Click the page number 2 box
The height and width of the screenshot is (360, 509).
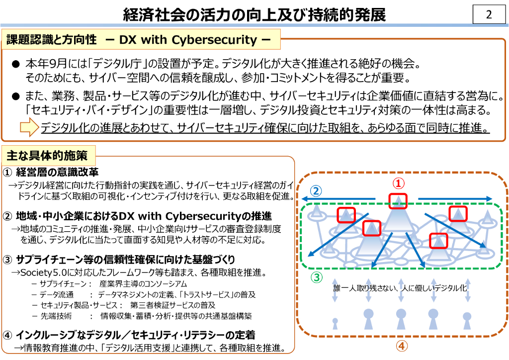pos(489,15)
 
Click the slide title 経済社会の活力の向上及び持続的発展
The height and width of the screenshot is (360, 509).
pos(254,15)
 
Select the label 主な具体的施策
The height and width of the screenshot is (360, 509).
pos(47,156)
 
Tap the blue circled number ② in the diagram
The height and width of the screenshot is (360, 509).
pos(317,190)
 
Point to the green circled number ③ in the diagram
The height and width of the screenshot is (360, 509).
pos(317,277)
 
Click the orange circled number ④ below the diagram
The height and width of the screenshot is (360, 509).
pos(402,346)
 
